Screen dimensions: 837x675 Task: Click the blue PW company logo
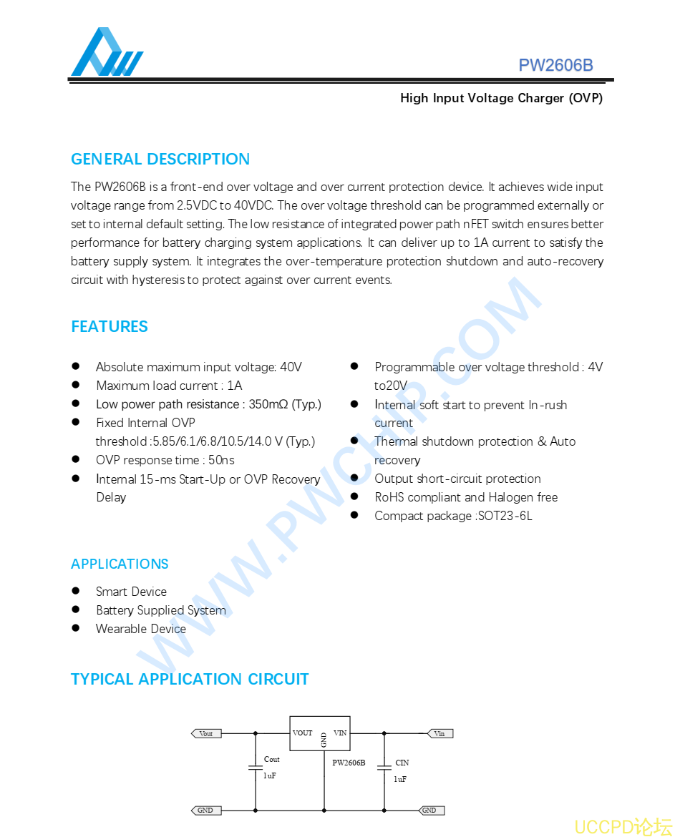click(107, 53)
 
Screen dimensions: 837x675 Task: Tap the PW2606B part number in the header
click(555, 65)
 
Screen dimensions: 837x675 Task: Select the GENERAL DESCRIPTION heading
click(160, 159)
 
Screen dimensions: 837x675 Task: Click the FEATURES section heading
click(110, 326)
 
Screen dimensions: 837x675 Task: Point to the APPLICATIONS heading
click(120, 564)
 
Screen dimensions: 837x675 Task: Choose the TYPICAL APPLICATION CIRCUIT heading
click(190, 679)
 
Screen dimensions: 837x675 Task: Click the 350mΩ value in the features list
click(268, 404)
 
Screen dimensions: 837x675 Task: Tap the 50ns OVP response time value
click(221, 460)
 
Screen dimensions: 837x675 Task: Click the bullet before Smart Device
click(75, 591)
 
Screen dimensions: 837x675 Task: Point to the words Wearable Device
click(141, 629)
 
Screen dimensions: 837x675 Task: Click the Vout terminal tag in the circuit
click(206, 733)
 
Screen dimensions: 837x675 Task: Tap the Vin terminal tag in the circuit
click(440, 733)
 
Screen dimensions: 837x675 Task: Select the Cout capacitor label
click(272, 759)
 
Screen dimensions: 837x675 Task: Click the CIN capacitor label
click(402, 763)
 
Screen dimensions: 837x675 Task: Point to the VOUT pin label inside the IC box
click(303, 733)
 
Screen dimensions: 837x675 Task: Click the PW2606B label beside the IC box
click(349, 763)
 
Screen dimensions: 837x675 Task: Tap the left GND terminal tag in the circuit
click(205, 811)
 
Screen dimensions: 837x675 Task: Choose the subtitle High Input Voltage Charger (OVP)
click(501, 98)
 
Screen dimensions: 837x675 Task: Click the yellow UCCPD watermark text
click(623, 826)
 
